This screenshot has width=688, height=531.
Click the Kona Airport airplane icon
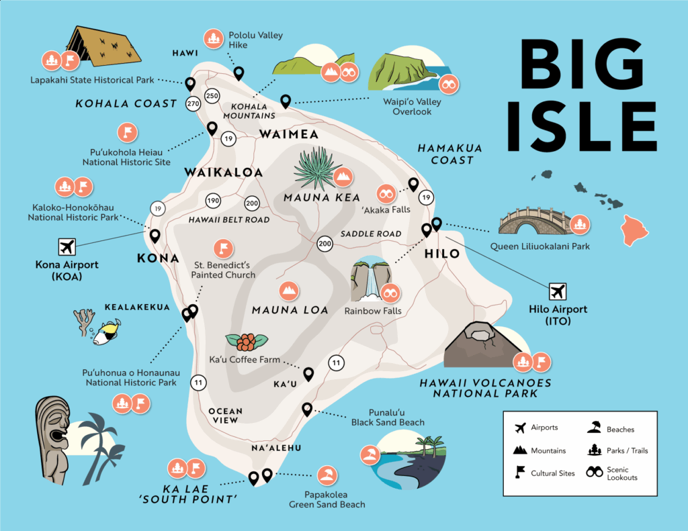(x=67, y=246)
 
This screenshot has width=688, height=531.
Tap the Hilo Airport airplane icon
(x=557, y=292)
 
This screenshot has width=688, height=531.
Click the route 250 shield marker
(x=212, y=96)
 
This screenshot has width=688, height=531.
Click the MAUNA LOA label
(x=290, y=310)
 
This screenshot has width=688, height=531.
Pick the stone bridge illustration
(x=533, y=221)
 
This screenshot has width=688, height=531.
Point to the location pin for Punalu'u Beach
(x=307, y=409)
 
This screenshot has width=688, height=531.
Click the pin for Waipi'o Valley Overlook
(x=286, y=101)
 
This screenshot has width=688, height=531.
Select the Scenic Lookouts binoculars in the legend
(x=594, y=472)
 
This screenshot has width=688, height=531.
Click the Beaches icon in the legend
(x=594, y=428)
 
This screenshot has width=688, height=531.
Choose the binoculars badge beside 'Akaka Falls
(x=386, y=194)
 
